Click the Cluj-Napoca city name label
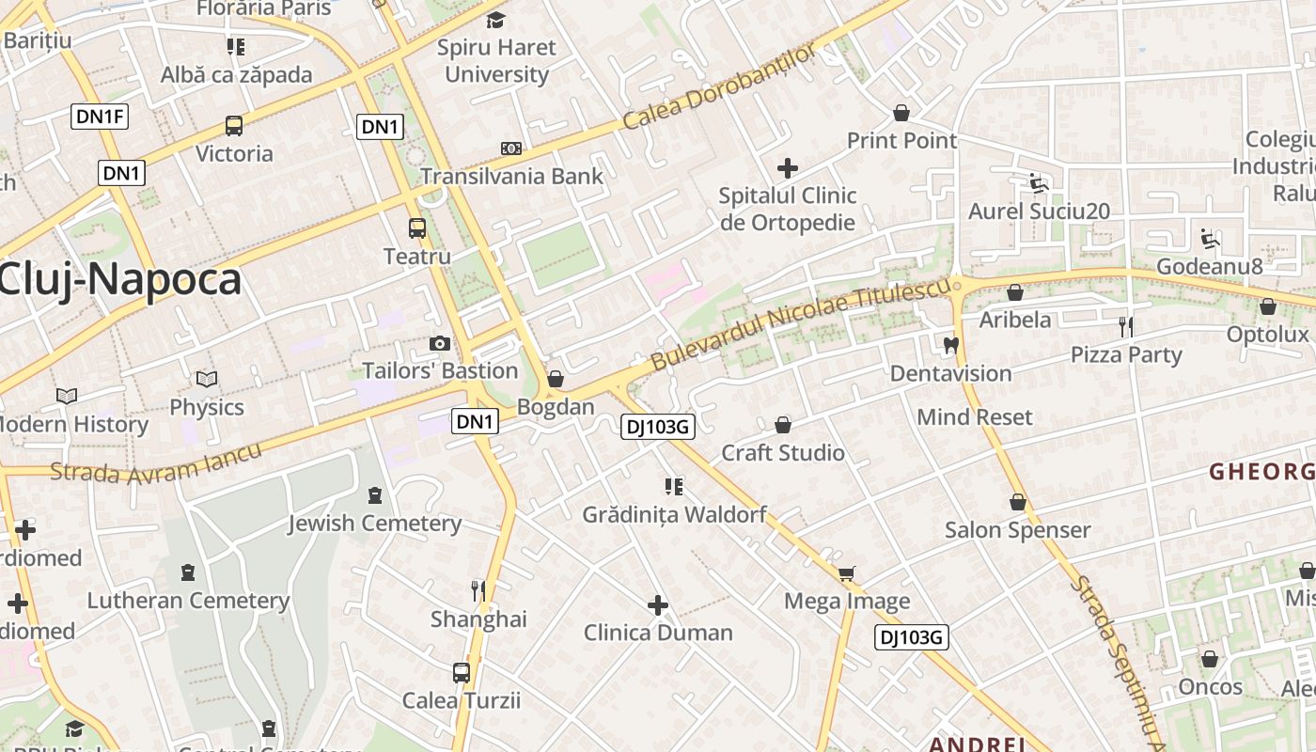(x=119, y=280)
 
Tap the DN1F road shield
(x=100, y=117)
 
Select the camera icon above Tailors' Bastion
(x=439, y=344)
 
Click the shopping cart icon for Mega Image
(x=846, y=573)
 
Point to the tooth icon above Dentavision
(x=950, y=345)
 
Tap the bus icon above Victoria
(x=233, y=126)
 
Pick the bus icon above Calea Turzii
(x=461, y=673)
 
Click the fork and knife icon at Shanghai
(x=478, y=591)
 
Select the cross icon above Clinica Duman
(x=658, y=604)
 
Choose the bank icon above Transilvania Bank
(x=510, y=149)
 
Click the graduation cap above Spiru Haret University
(x=495, y=20)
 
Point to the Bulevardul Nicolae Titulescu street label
(x=801, y=324)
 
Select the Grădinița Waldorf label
(x=674, y=515)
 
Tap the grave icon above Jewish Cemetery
(x=375, y=495)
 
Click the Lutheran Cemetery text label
(x=188, y=601)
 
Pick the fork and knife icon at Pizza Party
(x=1125, y=327)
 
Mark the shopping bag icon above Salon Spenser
(x=1017, y=502)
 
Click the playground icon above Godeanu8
(x=1210, y=239)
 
